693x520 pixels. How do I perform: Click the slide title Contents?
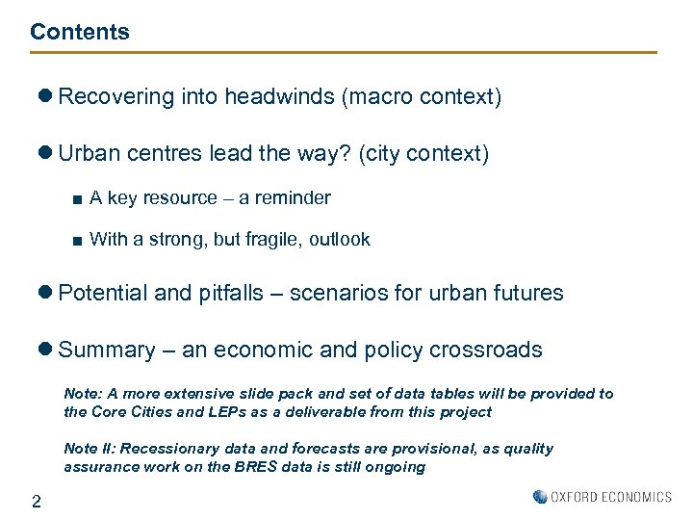79,32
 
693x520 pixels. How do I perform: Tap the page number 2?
36,501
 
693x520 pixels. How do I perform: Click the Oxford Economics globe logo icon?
539,497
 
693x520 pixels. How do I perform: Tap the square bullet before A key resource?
76,199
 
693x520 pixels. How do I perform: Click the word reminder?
292,198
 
